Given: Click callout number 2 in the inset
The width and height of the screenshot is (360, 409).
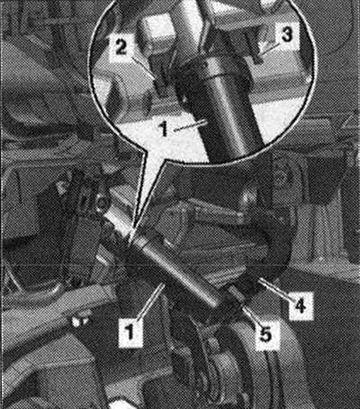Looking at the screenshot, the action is pyautogui.click(x=121, y=48).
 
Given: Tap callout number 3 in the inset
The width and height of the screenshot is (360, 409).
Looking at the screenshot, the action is pyautogui.click(x=286, y=34).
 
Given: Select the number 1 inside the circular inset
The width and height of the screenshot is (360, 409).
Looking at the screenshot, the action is pyautogui.click(x=164, y=130).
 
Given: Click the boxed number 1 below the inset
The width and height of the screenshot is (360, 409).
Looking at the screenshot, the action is pyautogui.click(x=130, y=333).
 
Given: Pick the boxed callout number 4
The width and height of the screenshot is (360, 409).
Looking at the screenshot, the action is pyautogui.click(x=301, y=305).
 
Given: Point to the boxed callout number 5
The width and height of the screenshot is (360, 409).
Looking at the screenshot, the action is pyautogui.click(x=265, y=334).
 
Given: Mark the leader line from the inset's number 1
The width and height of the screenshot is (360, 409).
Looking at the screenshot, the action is pyautogui.click(x=190, y=124).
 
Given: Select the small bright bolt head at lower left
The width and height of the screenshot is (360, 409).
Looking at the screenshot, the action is pyautogui.click(x=78, y=322).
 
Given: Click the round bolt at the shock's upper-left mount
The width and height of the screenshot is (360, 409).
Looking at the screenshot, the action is pyautogui.click(x=102, y=203).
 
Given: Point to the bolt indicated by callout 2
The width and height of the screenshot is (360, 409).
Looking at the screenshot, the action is pyautogui.click(x=161, y=85).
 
